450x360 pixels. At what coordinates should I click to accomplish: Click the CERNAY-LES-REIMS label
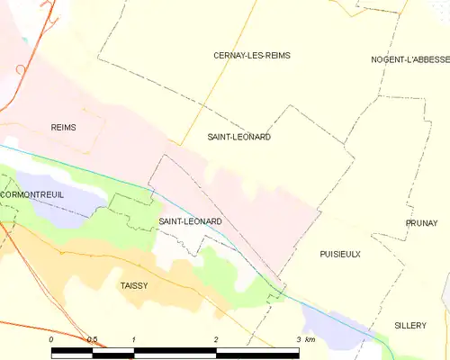[251, 56]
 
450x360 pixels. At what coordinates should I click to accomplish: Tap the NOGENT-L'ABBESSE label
[410, 59]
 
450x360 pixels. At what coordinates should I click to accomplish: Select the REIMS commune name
[63, 128]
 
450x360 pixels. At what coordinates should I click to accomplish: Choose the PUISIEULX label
[339, 255]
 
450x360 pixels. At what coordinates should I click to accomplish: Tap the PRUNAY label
[421, 222]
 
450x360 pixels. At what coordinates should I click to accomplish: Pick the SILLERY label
[410, 325]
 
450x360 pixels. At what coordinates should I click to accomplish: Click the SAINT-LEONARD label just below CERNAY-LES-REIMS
[238, 137]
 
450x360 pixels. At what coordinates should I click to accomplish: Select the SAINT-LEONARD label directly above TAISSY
[190, 220]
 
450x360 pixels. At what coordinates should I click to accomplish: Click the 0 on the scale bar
[52, 339]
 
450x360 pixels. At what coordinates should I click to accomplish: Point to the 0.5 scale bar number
[92, 339]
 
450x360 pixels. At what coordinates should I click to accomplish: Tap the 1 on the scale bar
[133, 339]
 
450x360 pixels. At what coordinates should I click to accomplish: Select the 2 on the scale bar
[216, 339]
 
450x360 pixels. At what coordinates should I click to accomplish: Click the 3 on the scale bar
[298, 339]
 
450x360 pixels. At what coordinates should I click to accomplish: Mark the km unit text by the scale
[310, 339]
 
